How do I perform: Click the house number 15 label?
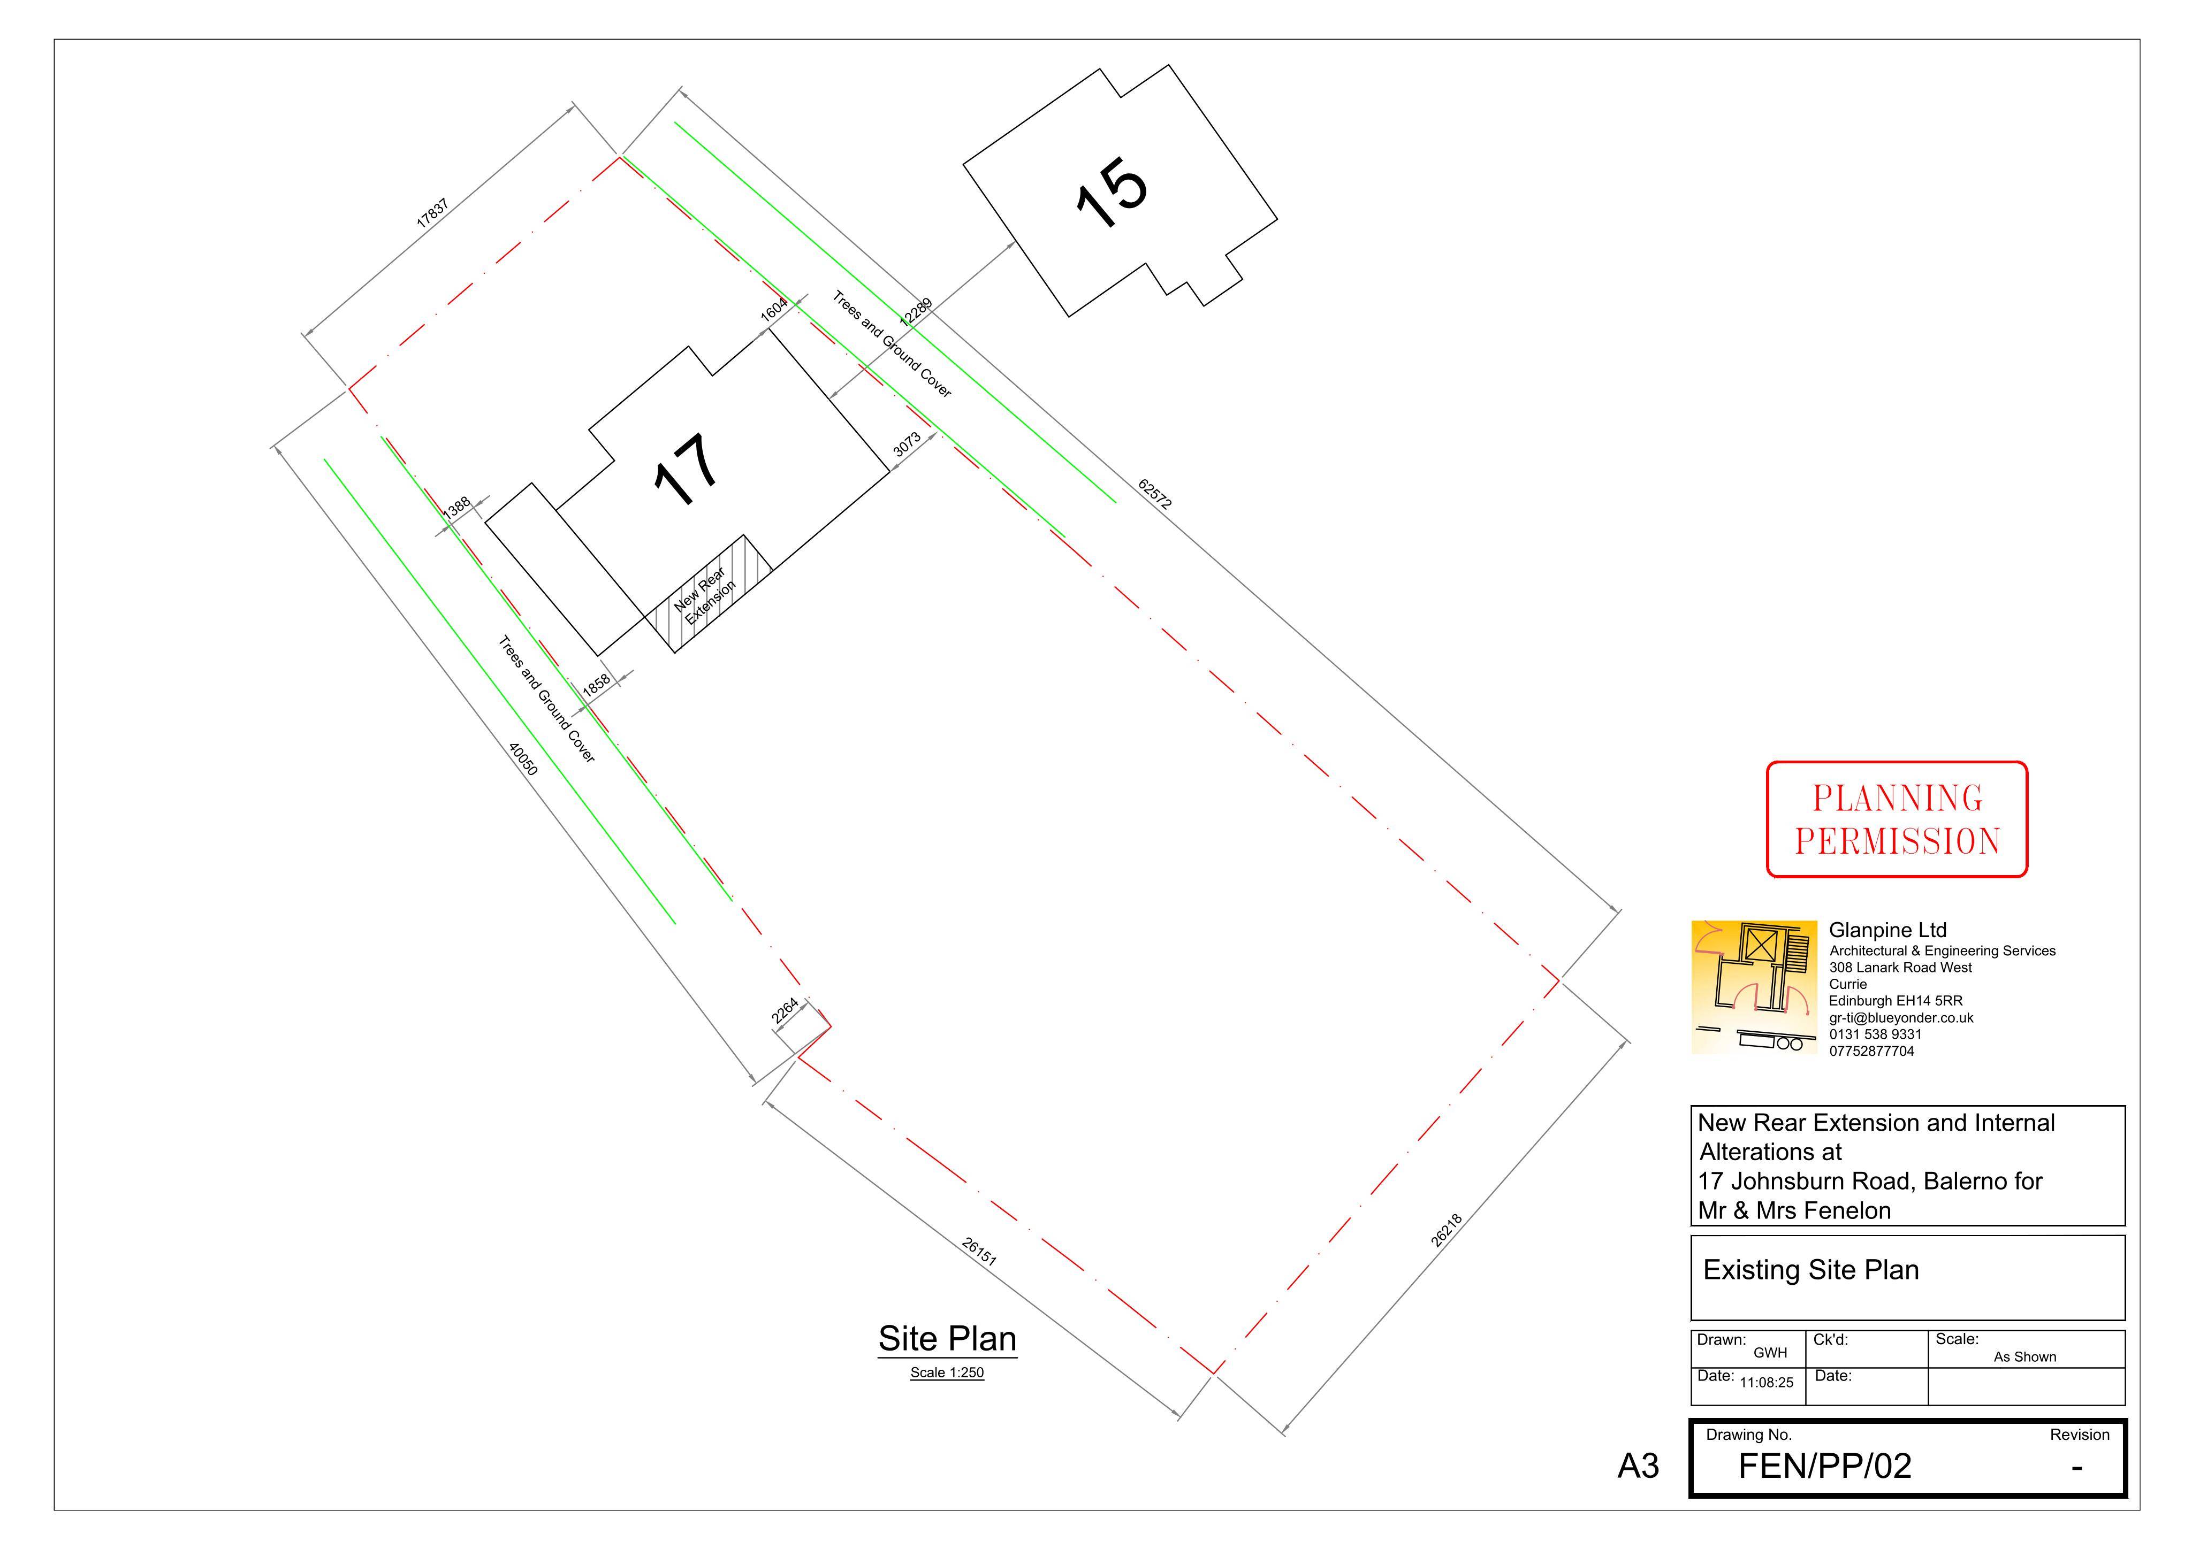point(1112,194)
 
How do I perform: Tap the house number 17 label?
point(686,470)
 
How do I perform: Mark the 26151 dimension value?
point(979,1251)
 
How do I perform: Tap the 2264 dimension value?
point(785,1011)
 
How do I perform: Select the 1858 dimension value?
point(596,685)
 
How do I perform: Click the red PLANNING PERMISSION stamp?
point(1897,819)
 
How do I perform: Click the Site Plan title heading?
point(947,1339)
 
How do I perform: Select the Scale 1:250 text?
point(947,1374)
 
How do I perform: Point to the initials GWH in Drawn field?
point(1770,1353)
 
